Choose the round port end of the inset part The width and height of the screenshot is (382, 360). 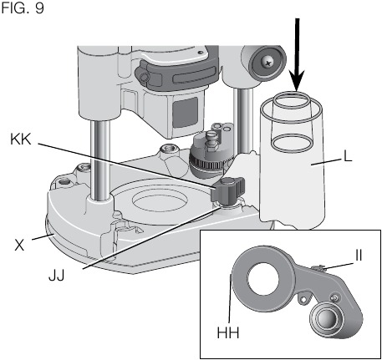[329, 321]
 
